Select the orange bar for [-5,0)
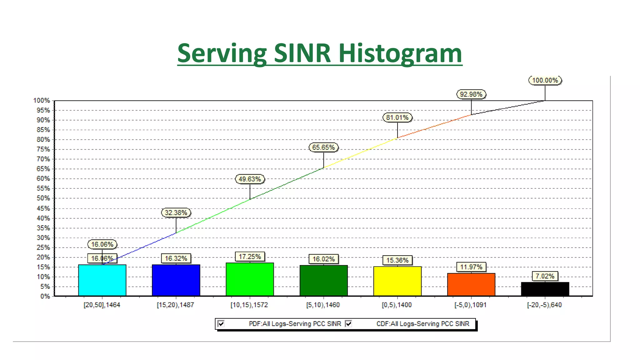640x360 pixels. [x=471, y=284]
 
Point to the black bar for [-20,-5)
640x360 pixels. [x=545, y=289]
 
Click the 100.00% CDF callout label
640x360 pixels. [x=545, y=80]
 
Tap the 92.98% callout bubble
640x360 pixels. [x=471, y=94]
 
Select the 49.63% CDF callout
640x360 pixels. [x=250, y=179]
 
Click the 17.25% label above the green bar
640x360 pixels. [x=250, y=257]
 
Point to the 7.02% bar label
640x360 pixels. [x=545, y=276]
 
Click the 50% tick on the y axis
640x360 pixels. [x=43, y=198]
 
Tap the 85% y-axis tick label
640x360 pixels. [x=43, y=130]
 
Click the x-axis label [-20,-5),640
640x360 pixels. [x=544, y=305]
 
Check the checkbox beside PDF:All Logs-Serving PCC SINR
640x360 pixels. [x=221, y=323]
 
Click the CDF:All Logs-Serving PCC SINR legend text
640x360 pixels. [x=422, y=324]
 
